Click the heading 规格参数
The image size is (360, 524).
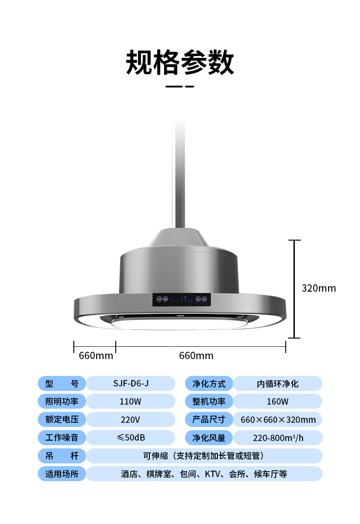tap(180, 62)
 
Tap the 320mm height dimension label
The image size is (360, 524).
tap(319, 288)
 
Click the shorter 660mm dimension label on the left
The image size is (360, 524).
tap(96, 355)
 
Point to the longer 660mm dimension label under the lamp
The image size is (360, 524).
tap(196, 355)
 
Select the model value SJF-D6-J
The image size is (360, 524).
tap(131, 384)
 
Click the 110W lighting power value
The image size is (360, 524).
tap(131, 401)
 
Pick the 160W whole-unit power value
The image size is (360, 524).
tap(278, 401)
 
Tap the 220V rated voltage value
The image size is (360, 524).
tap(131, 420)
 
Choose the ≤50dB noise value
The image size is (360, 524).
tap(131, 437)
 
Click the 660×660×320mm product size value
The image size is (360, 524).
tap(278, 420)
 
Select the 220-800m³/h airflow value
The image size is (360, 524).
tap(278, 438)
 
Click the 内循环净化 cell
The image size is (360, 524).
tap(278, 384)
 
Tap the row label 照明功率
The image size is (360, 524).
tap(62, 401)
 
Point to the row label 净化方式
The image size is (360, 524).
tap(209, 384)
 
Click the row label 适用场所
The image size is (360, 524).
tap(62, 474)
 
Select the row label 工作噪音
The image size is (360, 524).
tap(62, 438)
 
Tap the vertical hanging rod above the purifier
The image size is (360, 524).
tap(180, 173)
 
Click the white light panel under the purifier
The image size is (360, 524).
tap(180, 324)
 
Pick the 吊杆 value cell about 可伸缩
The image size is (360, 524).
tap(204, 456)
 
